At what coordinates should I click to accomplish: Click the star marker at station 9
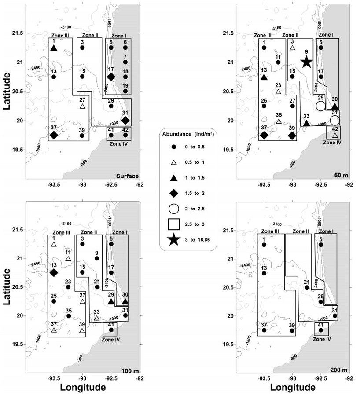pos(306,62)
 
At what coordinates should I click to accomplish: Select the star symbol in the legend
pos(174,240)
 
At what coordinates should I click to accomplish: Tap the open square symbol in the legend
pos(174,224)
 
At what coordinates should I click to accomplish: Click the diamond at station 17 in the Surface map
pos(111,77)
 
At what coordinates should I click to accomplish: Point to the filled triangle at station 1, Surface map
pos(54,48)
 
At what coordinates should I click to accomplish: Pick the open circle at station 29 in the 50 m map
pos(320,106)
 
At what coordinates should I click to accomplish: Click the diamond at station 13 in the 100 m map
pos(54,273)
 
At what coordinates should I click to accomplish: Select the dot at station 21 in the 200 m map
pos(307,287)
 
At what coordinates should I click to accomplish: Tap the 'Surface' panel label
pos(127,176)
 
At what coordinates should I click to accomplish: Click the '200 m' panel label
pos(339,370)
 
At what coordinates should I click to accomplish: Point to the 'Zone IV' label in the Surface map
pos(118,144)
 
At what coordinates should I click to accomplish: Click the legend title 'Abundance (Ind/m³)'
pos(188,134)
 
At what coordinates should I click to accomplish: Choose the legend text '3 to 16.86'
pos(197,240)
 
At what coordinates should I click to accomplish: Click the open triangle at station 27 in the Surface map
pos(82,106)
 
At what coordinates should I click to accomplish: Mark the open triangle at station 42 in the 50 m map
pos(335,135)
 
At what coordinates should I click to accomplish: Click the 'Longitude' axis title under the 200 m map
pos(293,387)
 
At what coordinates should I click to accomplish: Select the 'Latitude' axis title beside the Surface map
pos(7,91)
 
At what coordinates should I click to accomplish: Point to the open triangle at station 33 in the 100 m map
pos(96,318)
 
